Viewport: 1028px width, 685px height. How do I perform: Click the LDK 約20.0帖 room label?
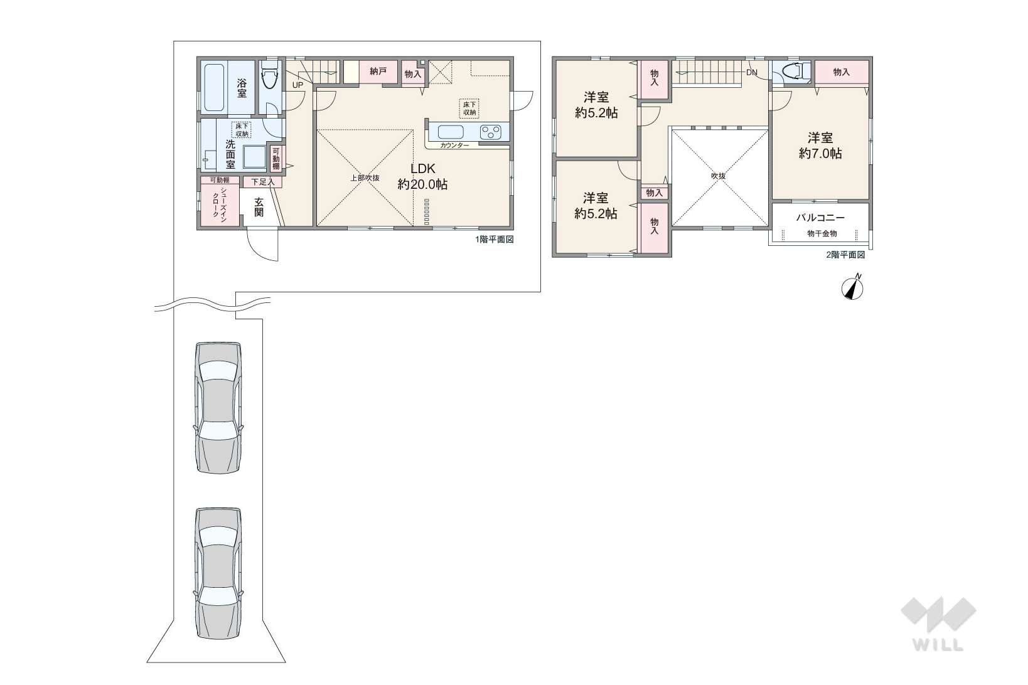tap(422, 176)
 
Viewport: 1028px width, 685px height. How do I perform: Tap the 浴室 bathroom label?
tap(242, 88)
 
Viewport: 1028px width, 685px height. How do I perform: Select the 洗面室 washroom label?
tap(230, 154)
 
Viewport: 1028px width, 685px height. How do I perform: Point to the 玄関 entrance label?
tap(259, 207)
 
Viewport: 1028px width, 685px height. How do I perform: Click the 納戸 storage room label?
tap(378, 71)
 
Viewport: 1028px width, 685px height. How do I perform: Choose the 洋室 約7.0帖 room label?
tap(820, 146)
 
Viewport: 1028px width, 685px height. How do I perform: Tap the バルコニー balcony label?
tap(820, 218)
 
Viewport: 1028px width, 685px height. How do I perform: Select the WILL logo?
tap(938, 624)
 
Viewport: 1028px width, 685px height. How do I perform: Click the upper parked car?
tap(219, 407)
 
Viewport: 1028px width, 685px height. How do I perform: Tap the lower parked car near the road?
tap(219, 573)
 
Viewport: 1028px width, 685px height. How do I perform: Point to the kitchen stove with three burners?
tap(491, 132)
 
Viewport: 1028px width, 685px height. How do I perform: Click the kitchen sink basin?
tap(451, 132)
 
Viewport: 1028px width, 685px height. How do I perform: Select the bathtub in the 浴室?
tap(214, 88)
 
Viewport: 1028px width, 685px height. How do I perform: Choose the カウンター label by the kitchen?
tap(454, 146)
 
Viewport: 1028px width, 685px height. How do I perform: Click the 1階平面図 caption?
tap(495, 240)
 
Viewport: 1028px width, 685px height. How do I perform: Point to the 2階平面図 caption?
tap(846, 255)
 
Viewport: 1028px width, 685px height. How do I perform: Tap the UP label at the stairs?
tap(298, 85)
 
